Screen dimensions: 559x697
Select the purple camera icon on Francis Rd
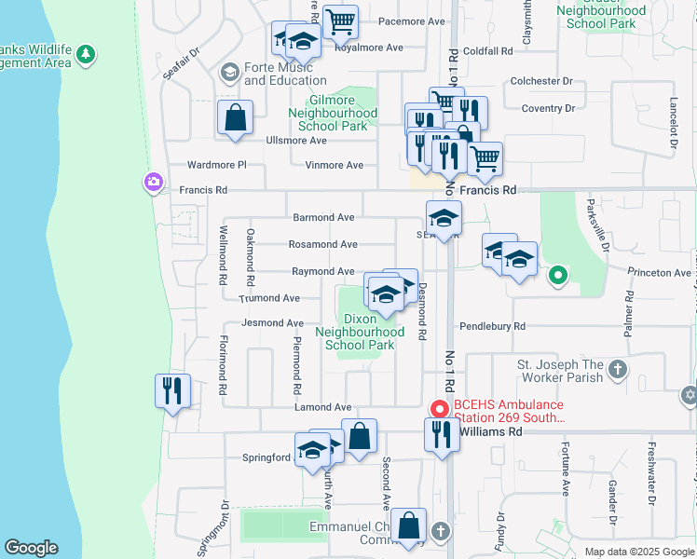[152, 183]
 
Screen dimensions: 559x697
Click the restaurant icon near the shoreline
[171, 390]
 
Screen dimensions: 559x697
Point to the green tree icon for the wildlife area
[87, 55]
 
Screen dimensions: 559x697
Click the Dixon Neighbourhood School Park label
[360, 332]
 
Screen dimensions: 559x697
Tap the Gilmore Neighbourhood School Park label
[333, 113]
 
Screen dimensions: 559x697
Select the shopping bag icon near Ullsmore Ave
[235, 118]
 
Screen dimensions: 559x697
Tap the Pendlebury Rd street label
[493, 327]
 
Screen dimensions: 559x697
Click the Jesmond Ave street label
[273, 323]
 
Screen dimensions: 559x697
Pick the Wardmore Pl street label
[216, 165]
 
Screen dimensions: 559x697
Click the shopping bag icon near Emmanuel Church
[408, 525]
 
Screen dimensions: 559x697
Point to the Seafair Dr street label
[182, 65]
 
